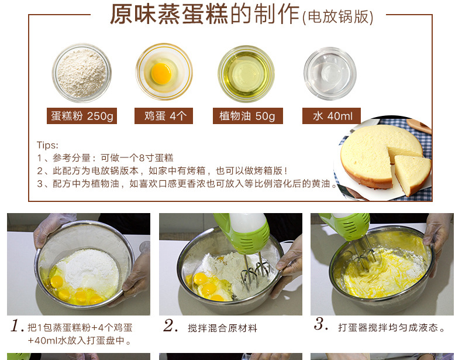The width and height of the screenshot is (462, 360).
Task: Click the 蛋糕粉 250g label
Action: point(82,116)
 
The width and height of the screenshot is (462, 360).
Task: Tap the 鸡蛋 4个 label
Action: point(164,116)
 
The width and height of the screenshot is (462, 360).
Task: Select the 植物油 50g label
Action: point(248,116)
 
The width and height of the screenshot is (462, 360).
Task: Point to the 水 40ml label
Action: point(332,116)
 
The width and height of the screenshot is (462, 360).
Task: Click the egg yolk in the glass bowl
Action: point(161,73)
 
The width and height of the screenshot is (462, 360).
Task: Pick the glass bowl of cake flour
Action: point(82,73)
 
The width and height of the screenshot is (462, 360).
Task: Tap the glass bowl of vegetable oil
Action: point(246,74)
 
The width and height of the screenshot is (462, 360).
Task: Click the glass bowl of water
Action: point(330,73)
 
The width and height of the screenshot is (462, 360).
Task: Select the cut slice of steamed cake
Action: point(412,174)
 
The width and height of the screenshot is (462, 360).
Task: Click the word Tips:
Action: point(47,145)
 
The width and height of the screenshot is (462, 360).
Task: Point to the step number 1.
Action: point(16,325)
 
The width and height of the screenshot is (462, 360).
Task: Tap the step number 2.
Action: point(171,325)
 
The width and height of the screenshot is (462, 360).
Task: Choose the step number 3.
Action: point(321,324)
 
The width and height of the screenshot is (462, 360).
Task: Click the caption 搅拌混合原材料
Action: point(222,328)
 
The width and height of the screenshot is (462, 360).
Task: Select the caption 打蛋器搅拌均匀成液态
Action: point(391,328)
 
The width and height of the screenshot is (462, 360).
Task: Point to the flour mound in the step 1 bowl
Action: point(88,268)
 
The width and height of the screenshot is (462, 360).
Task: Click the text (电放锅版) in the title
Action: point(337,17)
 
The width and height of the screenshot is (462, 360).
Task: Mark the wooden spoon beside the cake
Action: point(419,126)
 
